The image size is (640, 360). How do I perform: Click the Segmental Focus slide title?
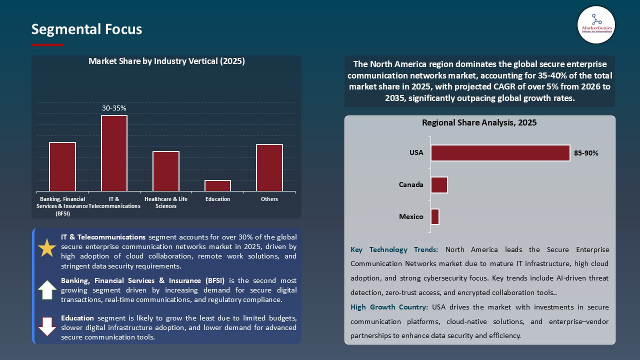(86, 29)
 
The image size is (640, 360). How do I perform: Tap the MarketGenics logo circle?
(596, 25)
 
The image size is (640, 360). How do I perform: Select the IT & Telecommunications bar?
(114, 153)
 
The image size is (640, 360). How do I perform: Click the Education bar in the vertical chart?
(218, 185)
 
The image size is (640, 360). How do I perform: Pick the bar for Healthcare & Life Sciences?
(166, 171)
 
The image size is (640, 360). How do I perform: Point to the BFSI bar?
(62, 166)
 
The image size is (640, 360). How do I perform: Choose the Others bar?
(269, 167)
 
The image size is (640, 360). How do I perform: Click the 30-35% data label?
(114, 108)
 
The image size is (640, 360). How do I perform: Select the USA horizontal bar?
(500, 153)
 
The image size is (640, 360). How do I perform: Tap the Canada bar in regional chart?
(439, 185)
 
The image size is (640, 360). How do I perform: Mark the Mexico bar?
(435, 216)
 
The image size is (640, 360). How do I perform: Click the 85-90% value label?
(586, 153)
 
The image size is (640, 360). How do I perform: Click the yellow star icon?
(47, 248)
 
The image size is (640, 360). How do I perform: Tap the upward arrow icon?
(47, 290)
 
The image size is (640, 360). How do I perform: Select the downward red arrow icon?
(47, 326)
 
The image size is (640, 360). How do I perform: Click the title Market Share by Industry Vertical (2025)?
(166, 61)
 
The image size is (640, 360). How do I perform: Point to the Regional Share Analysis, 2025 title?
(479, 122)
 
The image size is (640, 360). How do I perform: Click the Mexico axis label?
(411, 216)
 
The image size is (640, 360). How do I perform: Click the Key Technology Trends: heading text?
(394, 249)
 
